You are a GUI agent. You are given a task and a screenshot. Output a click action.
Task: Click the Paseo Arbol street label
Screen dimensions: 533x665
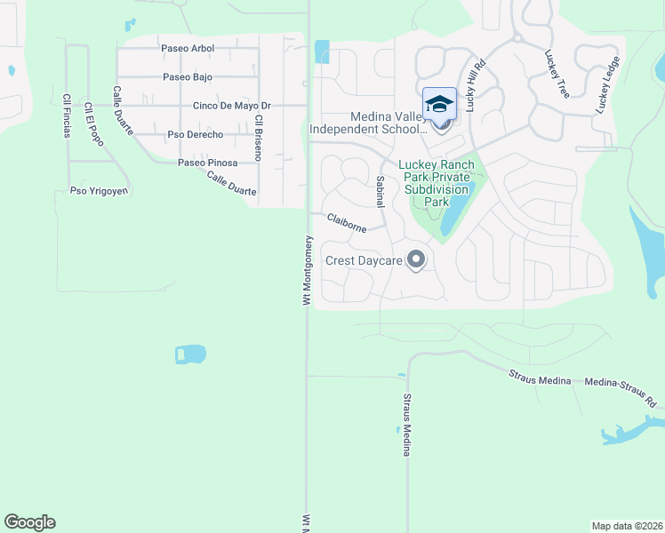pyautogui.click(x=187, y=48)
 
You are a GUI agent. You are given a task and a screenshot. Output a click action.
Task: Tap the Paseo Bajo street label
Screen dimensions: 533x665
pyautogui.click(x=187, y=77)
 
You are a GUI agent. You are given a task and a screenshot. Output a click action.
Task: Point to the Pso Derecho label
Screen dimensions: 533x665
pyautogui.click(x=195, y=135)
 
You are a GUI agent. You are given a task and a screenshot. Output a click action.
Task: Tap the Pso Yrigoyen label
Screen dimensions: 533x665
pyautogui.click(x=100, y=191)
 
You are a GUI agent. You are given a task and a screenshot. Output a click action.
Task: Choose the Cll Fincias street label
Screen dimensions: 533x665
pyautogui.click(x=66, y=121)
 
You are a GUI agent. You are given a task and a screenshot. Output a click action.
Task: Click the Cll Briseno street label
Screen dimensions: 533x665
pyautogui.click(x=258, y=137)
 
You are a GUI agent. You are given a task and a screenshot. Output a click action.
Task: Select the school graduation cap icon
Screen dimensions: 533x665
pyautogui.click(x=439, y=105)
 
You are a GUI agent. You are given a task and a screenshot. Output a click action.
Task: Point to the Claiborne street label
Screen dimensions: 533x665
pyautogui.click(x=346, y=222)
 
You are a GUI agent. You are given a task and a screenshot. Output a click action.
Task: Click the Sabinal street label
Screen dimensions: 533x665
pyautogui.click(x=380, y=191)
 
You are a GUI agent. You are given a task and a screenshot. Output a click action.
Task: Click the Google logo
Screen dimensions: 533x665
pyautogui.click(x=29, y=522)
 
